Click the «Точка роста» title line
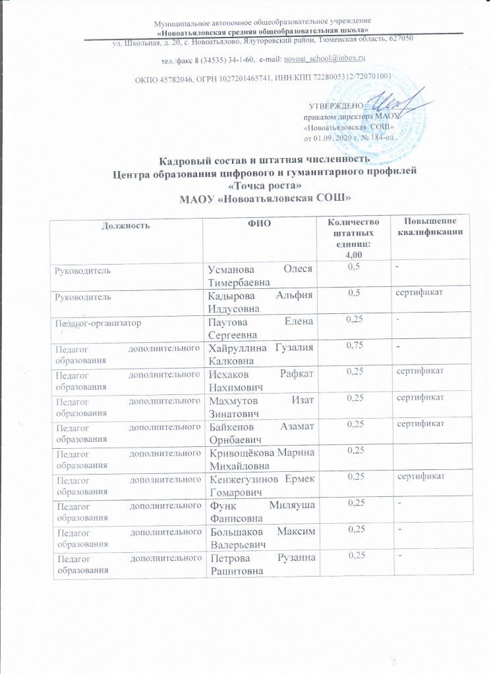coord(245,186)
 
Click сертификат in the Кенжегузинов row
coord(420,476)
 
